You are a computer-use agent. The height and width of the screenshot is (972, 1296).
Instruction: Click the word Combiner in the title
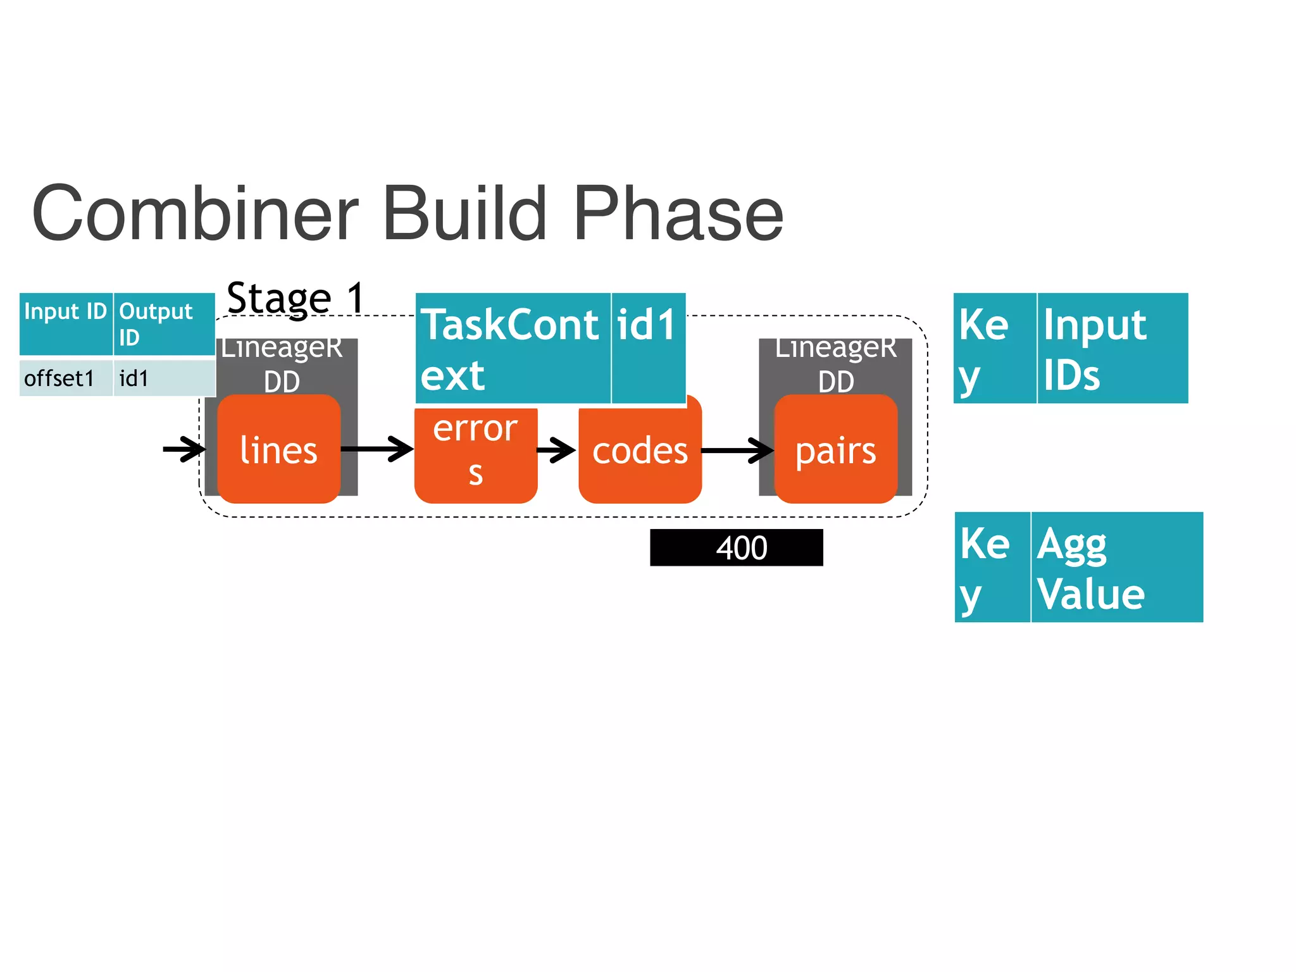tap(195, 214)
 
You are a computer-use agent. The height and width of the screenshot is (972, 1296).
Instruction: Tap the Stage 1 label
tap(296, 297)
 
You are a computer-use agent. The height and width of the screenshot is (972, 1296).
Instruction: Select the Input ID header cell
tap(66, 323)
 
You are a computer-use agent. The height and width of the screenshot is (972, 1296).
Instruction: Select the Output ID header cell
tap(164, 323)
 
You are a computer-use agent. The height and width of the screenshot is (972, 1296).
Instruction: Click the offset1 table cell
tap(66, 378)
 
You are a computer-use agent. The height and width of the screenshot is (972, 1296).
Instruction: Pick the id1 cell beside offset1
tap(164, 378)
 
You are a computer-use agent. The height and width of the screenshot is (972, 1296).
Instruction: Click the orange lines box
tap(278, 450)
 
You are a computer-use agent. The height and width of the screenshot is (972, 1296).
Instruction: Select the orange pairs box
tap(835, 450)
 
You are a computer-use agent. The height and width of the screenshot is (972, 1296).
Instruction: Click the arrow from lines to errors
tap(377, 449)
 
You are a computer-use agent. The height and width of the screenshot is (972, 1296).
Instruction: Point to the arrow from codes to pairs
tap(737, 451)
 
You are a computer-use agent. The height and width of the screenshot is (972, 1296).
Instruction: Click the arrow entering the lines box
tap(184, 449)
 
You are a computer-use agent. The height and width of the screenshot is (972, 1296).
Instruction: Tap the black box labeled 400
tap(736, 547)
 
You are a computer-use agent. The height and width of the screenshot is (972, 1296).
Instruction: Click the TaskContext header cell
tap(513, 348)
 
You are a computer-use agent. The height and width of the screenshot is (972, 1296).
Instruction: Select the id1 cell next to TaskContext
tap(648, 348)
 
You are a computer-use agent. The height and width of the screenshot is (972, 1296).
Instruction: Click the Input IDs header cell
tap(1112, 348)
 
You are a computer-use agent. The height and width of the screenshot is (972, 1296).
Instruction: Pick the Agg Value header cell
tap(1116, 567)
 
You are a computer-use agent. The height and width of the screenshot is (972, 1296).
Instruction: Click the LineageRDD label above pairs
tap(835, 364)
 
